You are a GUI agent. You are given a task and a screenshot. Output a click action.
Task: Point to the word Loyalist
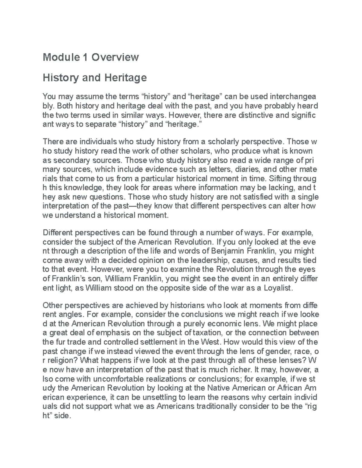(x=278, y=288)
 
